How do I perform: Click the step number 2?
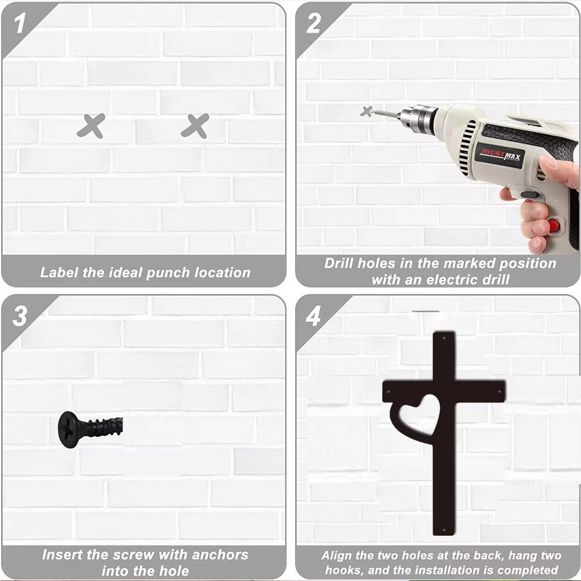(313, 24)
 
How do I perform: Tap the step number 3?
(20, 316)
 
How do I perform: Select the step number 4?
(313, 316)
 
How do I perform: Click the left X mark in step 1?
(91, 125)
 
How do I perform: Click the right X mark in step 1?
(195, 125)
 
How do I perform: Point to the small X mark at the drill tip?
(366, 110)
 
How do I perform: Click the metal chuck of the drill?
(418, 119)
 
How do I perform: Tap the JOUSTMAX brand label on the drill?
(499, 155)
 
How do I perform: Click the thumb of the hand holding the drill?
(558, 168)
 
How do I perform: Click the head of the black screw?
(69, 429)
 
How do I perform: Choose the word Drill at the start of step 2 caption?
(339, 263)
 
